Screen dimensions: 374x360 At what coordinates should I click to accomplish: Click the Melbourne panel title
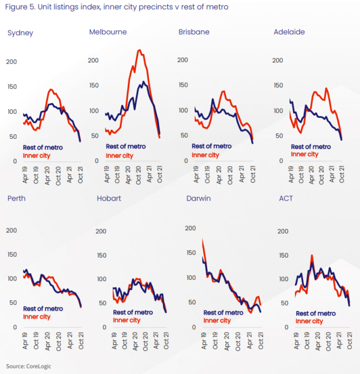[x=108, y=32]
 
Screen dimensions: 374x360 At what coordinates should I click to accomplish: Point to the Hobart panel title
[x=109, y=198]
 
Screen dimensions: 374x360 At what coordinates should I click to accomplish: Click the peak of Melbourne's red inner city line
[x=139, y=50]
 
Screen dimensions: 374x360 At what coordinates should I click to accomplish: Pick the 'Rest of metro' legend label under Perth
[x=43, y=308]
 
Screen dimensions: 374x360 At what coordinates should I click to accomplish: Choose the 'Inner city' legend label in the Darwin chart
[x=216, y=320]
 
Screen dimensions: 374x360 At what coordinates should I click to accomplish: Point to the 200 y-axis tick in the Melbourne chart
[x=93, y=61]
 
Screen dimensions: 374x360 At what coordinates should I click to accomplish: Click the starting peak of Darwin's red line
[x=203, y=240]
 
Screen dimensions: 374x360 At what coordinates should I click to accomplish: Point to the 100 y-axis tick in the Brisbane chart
[x=182, y=110]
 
